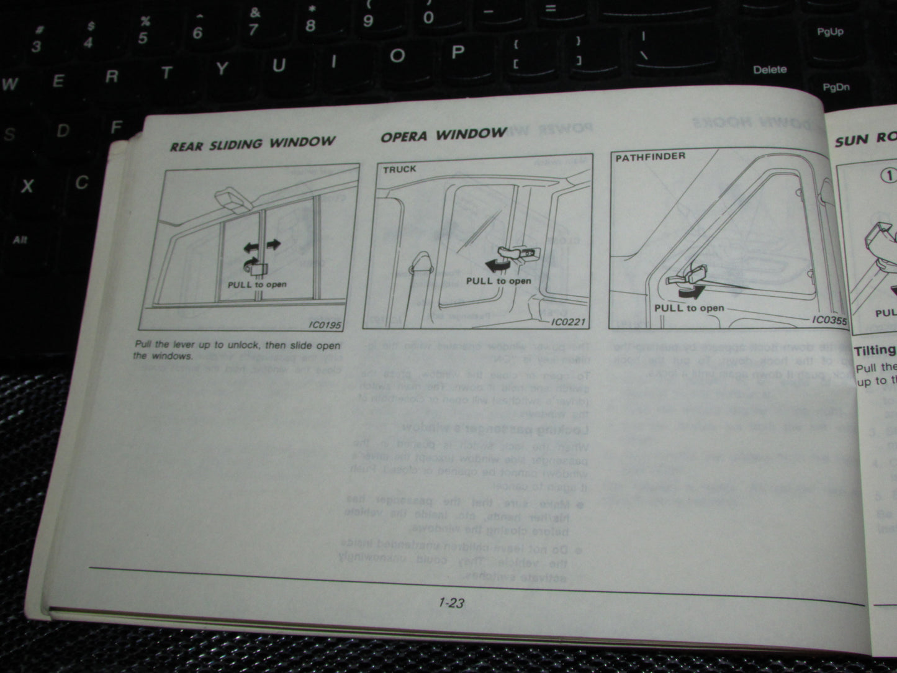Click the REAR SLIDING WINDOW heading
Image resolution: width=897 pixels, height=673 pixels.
252,143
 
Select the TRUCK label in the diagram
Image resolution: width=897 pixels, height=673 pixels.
400,169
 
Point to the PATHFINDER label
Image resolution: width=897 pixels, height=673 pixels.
651,157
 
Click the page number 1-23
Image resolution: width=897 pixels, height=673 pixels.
451,602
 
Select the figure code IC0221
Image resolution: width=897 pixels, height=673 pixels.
568,322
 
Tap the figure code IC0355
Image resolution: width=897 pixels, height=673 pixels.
829,320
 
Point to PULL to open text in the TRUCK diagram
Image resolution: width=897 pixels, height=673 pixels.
498,281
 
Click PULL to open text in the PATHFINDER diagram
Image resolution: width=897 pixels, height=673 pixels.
689,308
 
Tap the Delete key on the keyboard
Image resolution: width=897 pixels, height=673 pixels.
770,70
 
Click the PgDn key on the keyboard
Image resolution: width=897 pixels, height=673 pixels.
836,88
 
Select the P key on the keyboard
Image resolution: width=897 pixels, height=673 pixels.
458,53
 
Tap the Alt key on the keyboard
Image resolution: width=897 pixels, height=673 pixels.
20,240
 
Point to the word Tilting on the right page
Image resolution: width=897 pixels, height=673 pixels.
875,350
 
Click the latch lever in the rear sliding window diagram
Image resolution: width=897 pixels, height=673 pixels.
256,267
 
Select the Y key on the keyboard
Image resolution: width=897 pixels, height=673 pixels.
222,68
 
